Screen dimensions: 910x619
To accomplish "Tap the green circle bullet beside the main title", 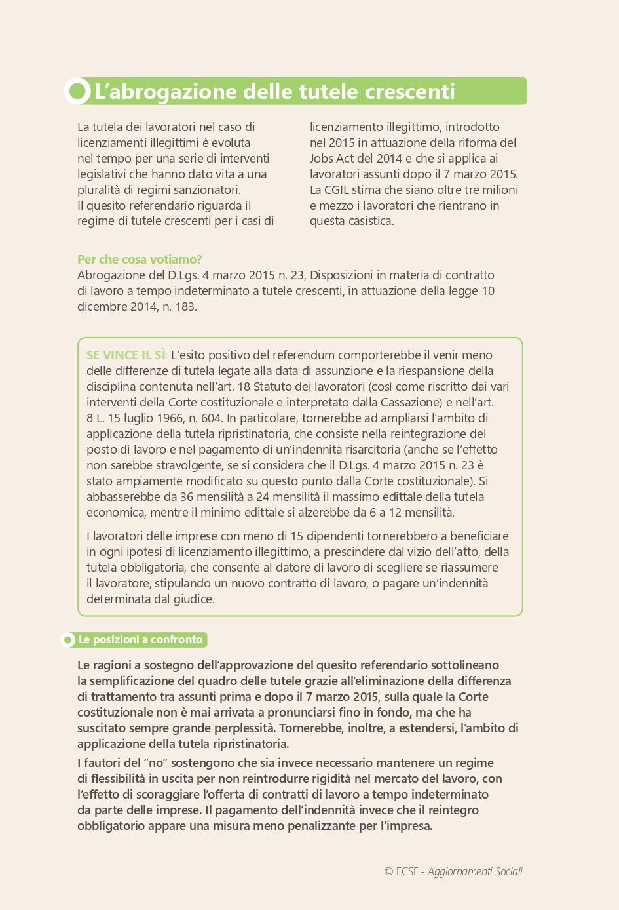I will tap(78, 91).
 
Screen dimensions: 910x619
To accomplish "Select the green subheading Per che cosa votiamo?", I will tap(140, 260).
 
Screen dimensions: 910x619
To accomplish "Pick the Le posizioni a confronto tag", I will tap(141, 639).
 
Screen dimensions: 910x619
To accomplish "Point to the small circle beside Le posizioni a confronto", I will tap(67, 640).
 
